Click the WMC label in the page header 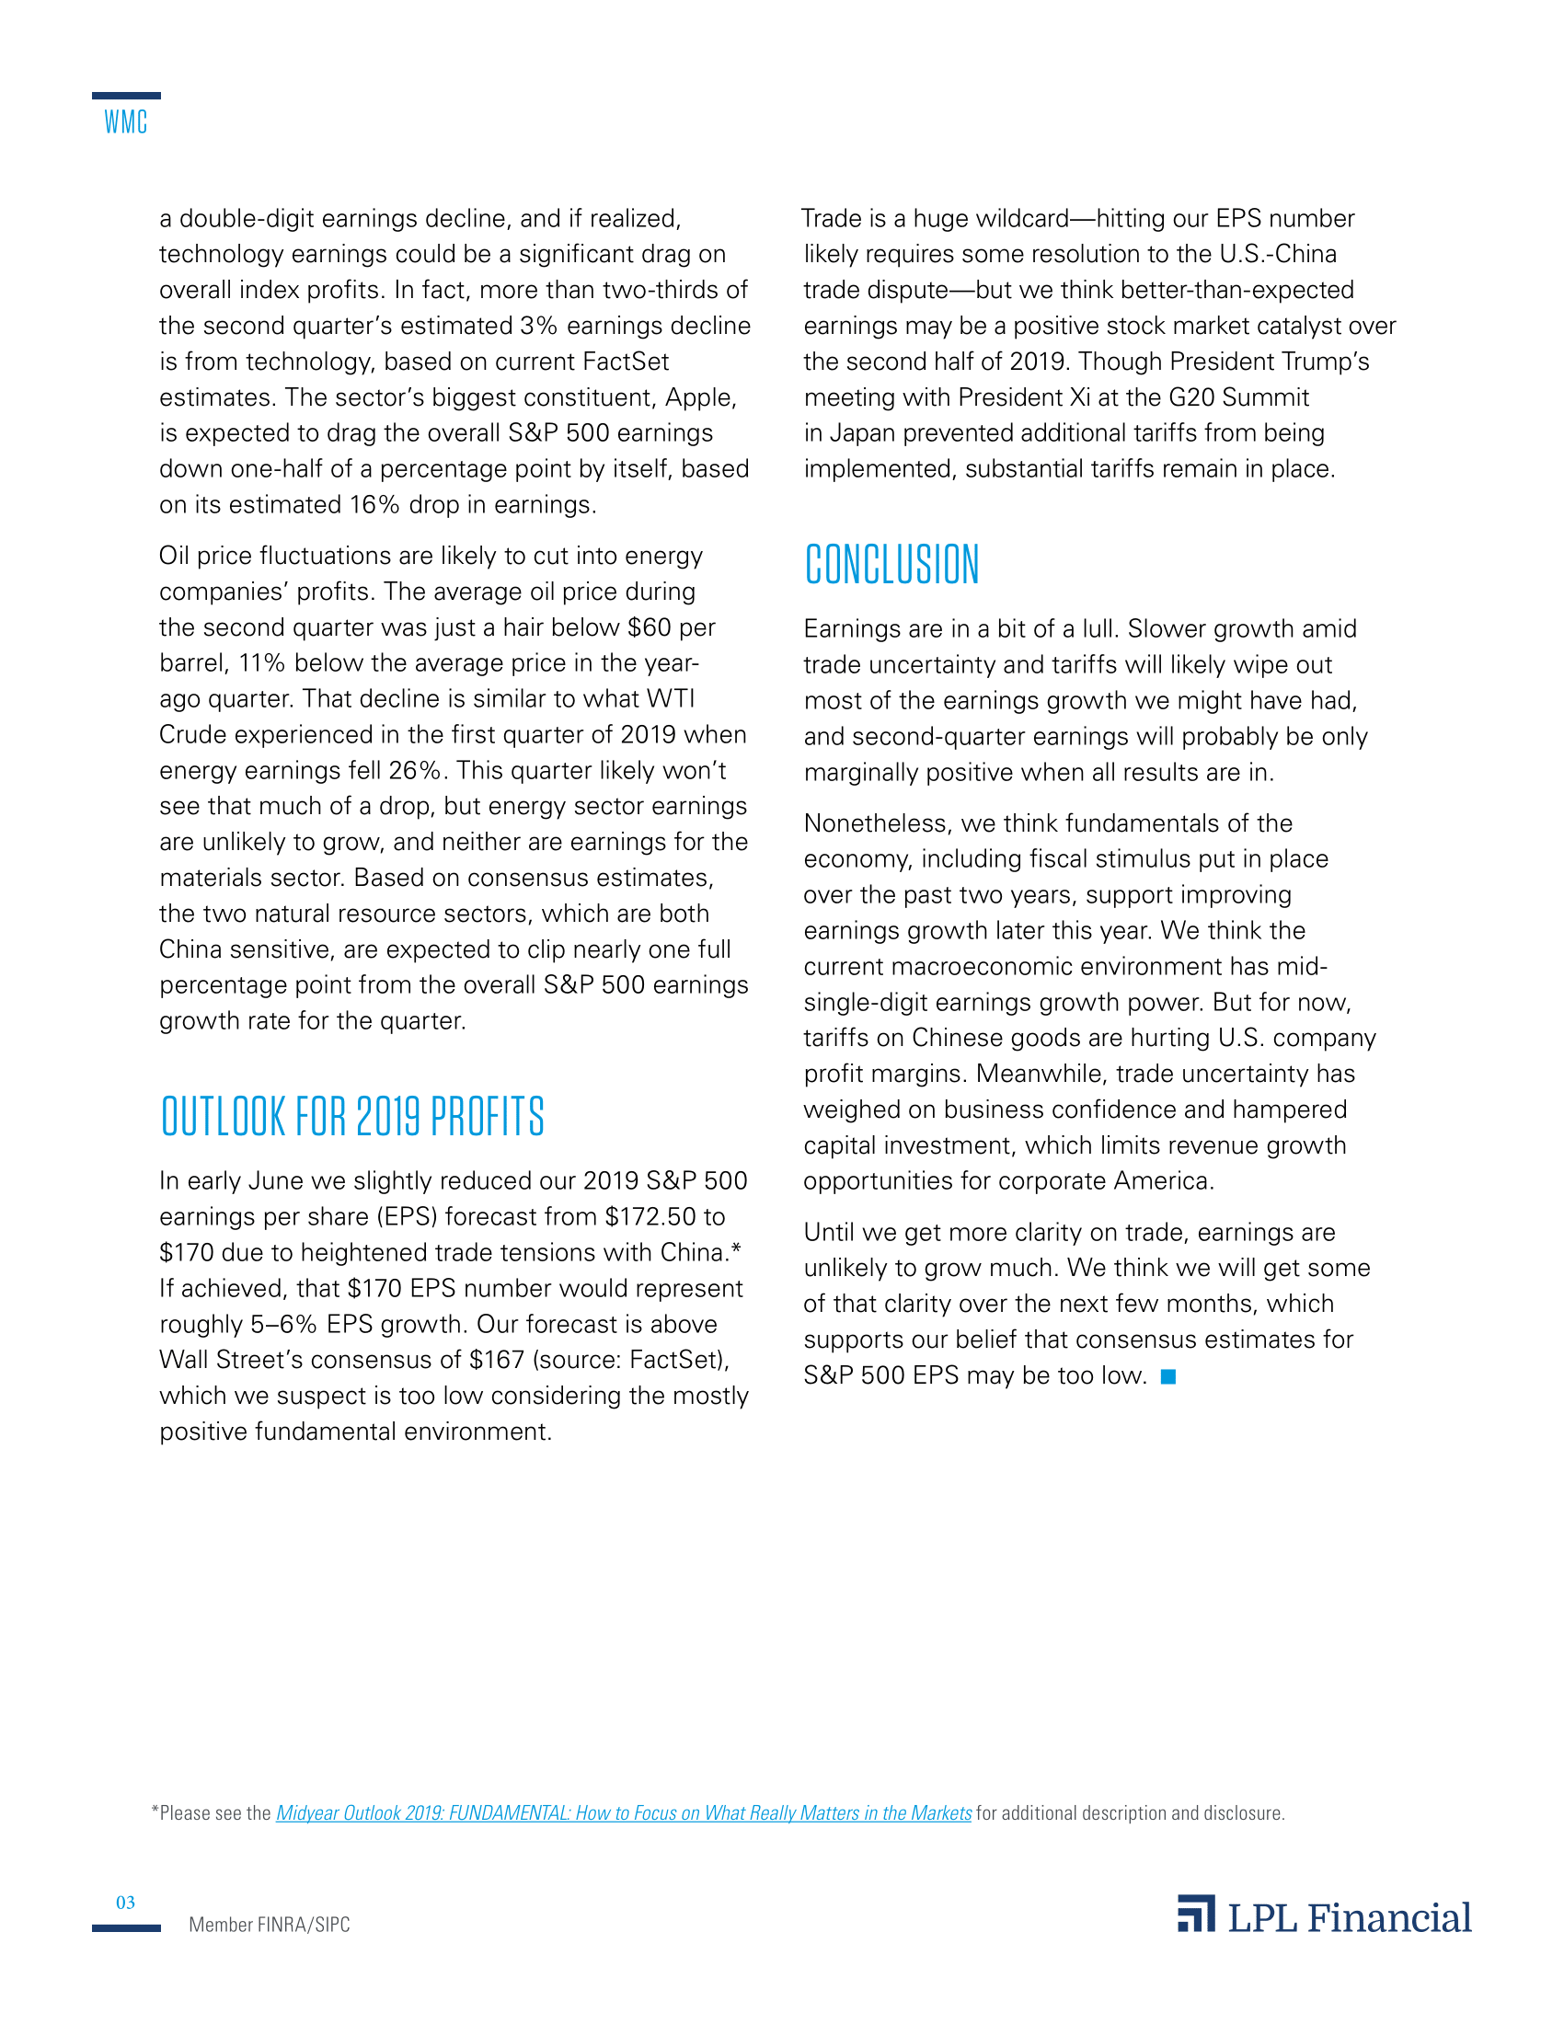point(125,122)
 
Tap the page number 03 point(125,1903)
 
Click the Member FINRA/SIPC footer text point(269,1925)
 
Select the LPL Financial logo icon point(1196,1914)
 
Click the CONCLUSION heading point(891,564)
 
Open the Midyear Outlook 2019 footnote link point(624,1812)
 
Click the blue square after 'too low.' point(1168,1377)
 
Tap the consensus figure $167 point(497,1360)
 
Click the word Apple point(700,397)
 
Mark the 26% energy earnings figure point(416,771)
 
